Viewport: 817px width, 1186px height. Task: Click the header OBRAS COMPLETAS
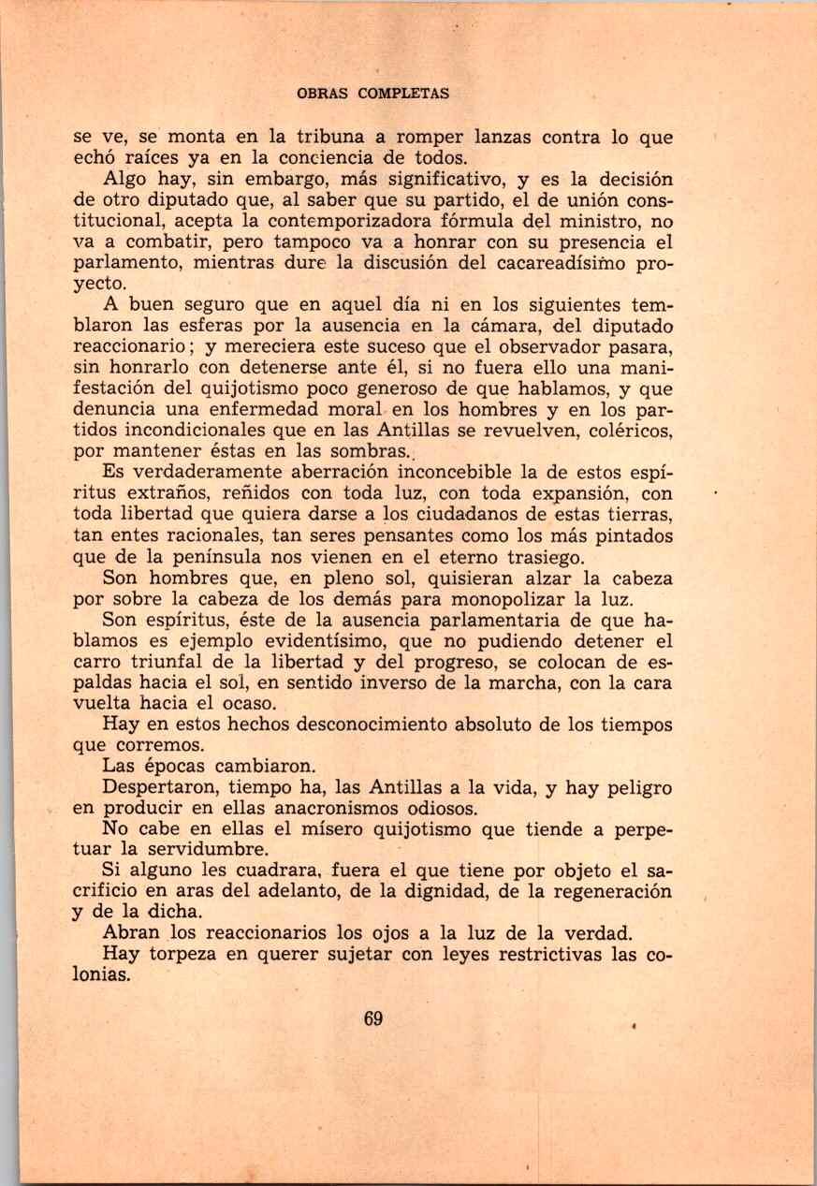click(372, 94)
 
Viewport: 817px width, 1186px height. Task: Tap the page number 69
click(372, 1019)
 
